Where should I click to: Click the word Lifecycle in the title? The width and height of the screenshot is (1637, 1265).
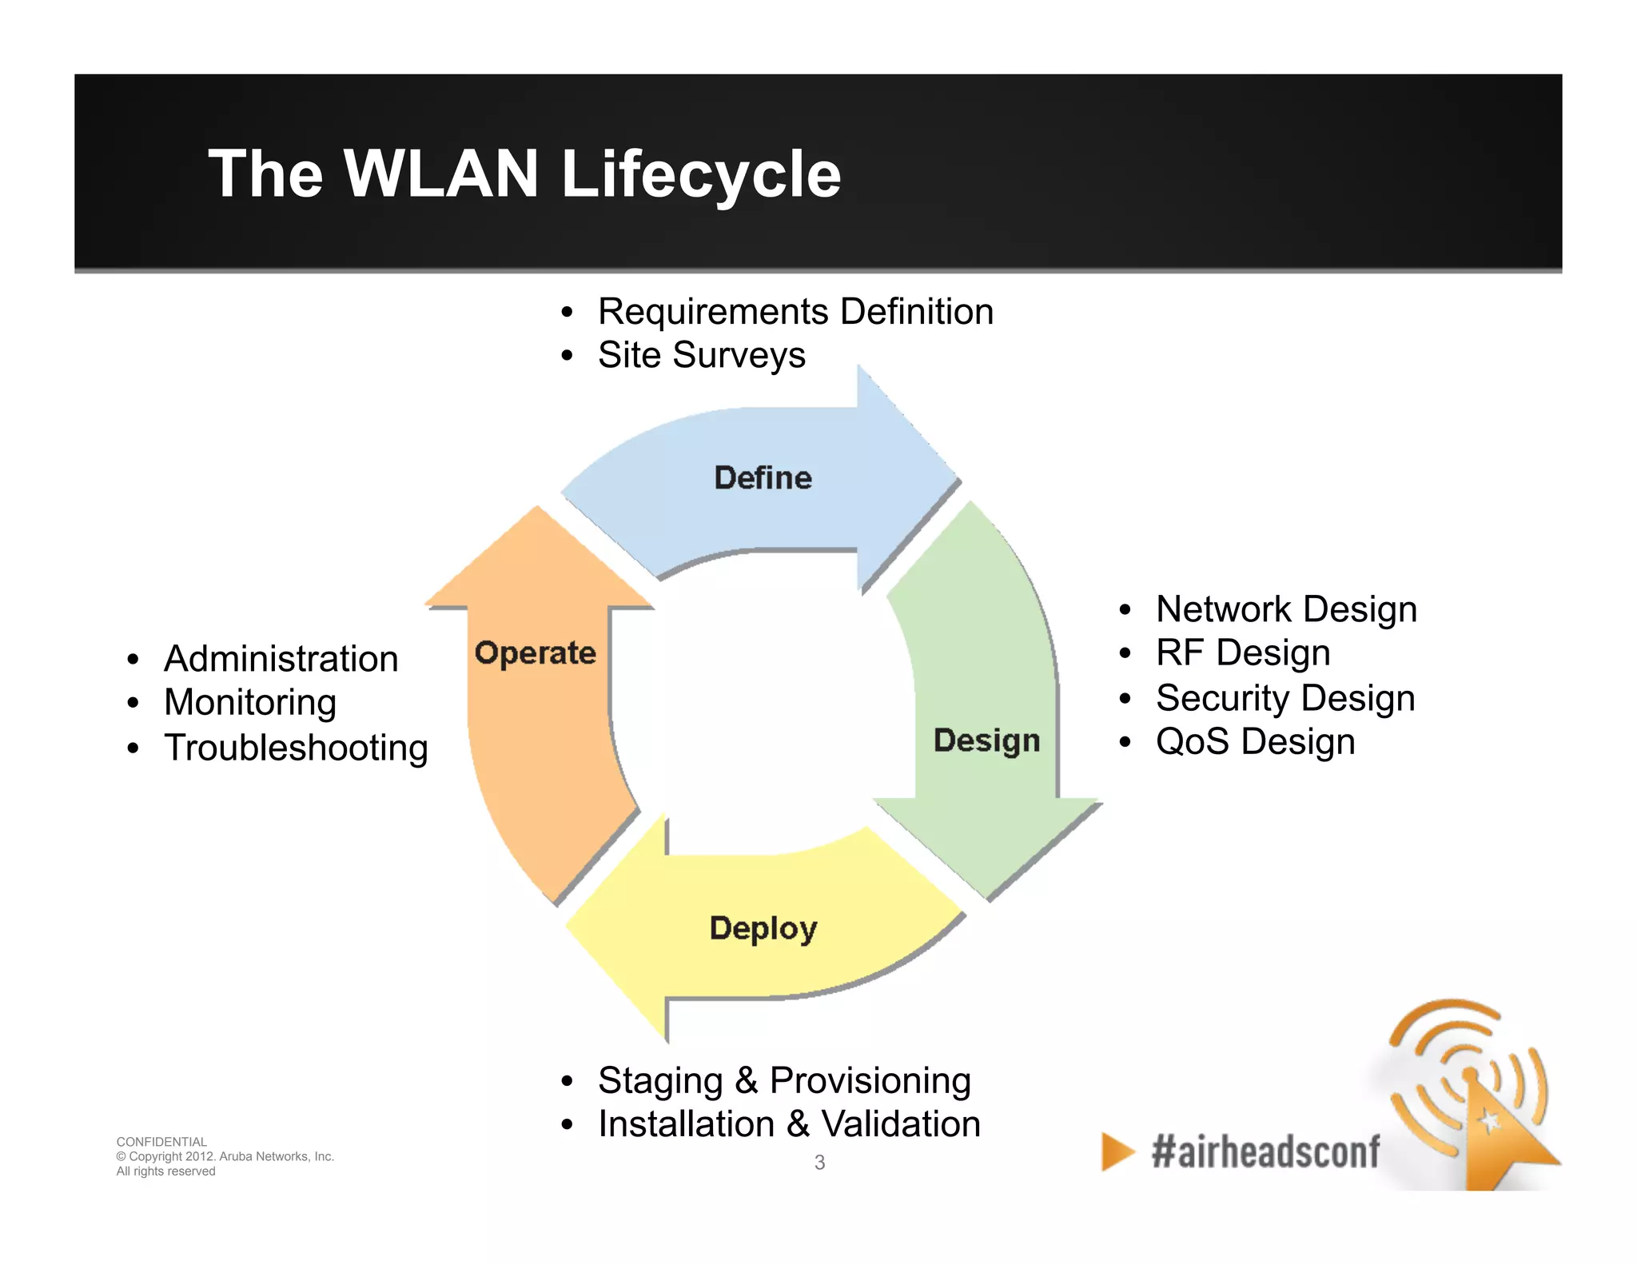[x=700, y=174]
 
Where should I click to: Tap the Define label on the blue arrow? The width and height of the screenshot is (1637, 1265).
[x=763, y=478]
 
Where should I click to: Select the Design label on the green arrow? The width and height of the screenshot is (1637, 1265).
[x=986, y=740]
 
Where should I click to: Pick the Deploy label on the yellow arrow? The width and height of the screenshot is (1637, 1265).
[x=763, y=928]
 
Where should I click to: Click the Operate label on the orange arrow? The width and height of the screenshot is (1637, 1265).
[x=535, y=653]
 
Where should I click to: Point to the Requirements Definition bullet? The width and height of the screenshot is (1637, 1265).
[x=795, y=311]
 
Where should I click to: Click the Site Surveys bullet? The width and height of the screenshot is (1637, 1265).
[x=701, y=355]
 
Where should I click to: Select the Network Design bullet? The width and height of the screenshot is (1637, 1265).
[x=1285, y=609]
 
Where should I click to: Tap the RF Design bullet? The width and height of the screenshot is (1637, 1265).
[x=1242, y=652]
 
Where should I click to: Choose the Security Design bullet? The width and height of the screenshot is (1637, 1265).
[x=1285, y=697]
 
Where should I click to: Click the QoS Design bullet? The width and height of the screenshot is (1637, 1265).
[x=1255, y=741]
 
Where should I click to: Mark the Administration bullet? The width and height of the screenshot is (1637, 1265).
[x=281, y=659]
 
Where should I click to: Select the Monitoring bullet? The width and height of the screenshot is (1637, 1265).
[x=250, y=703]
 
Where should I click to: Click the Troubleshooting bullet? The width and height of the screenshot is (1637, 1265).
[x=296, y=748]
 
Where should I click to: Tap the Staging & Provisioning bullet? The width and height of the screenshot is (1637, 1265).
[x=783, y=1080]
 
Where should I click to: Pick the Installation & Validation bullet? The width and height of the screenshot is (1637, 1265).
[x=789, y=1124]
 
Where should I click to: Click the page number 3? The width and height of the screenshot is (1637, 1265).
[x=819, y=1163]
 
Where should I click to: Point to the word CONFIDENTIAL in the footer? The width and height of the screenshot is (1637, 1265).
[x=161, y=1142]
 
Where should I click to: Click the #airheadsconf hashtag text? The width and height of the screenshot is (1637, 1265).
[x=1265, y=1152]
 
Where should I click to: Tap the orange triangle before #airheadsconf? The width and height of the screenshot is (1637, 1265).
[x=1116, y=1152]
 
